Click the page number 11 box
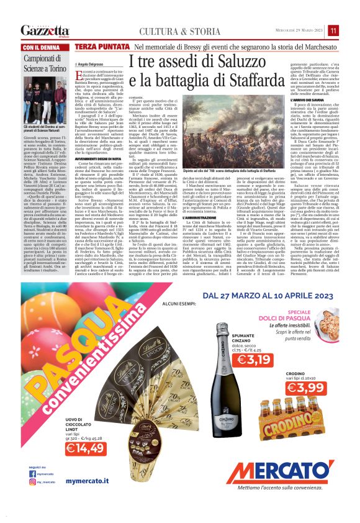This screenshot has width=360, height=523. click(x=333, y=30)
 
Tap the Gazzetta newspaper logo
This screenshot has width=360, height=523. click(x=45, y=30)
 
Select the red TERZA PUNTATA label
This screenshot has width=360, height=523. click(x=102, y=47)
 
